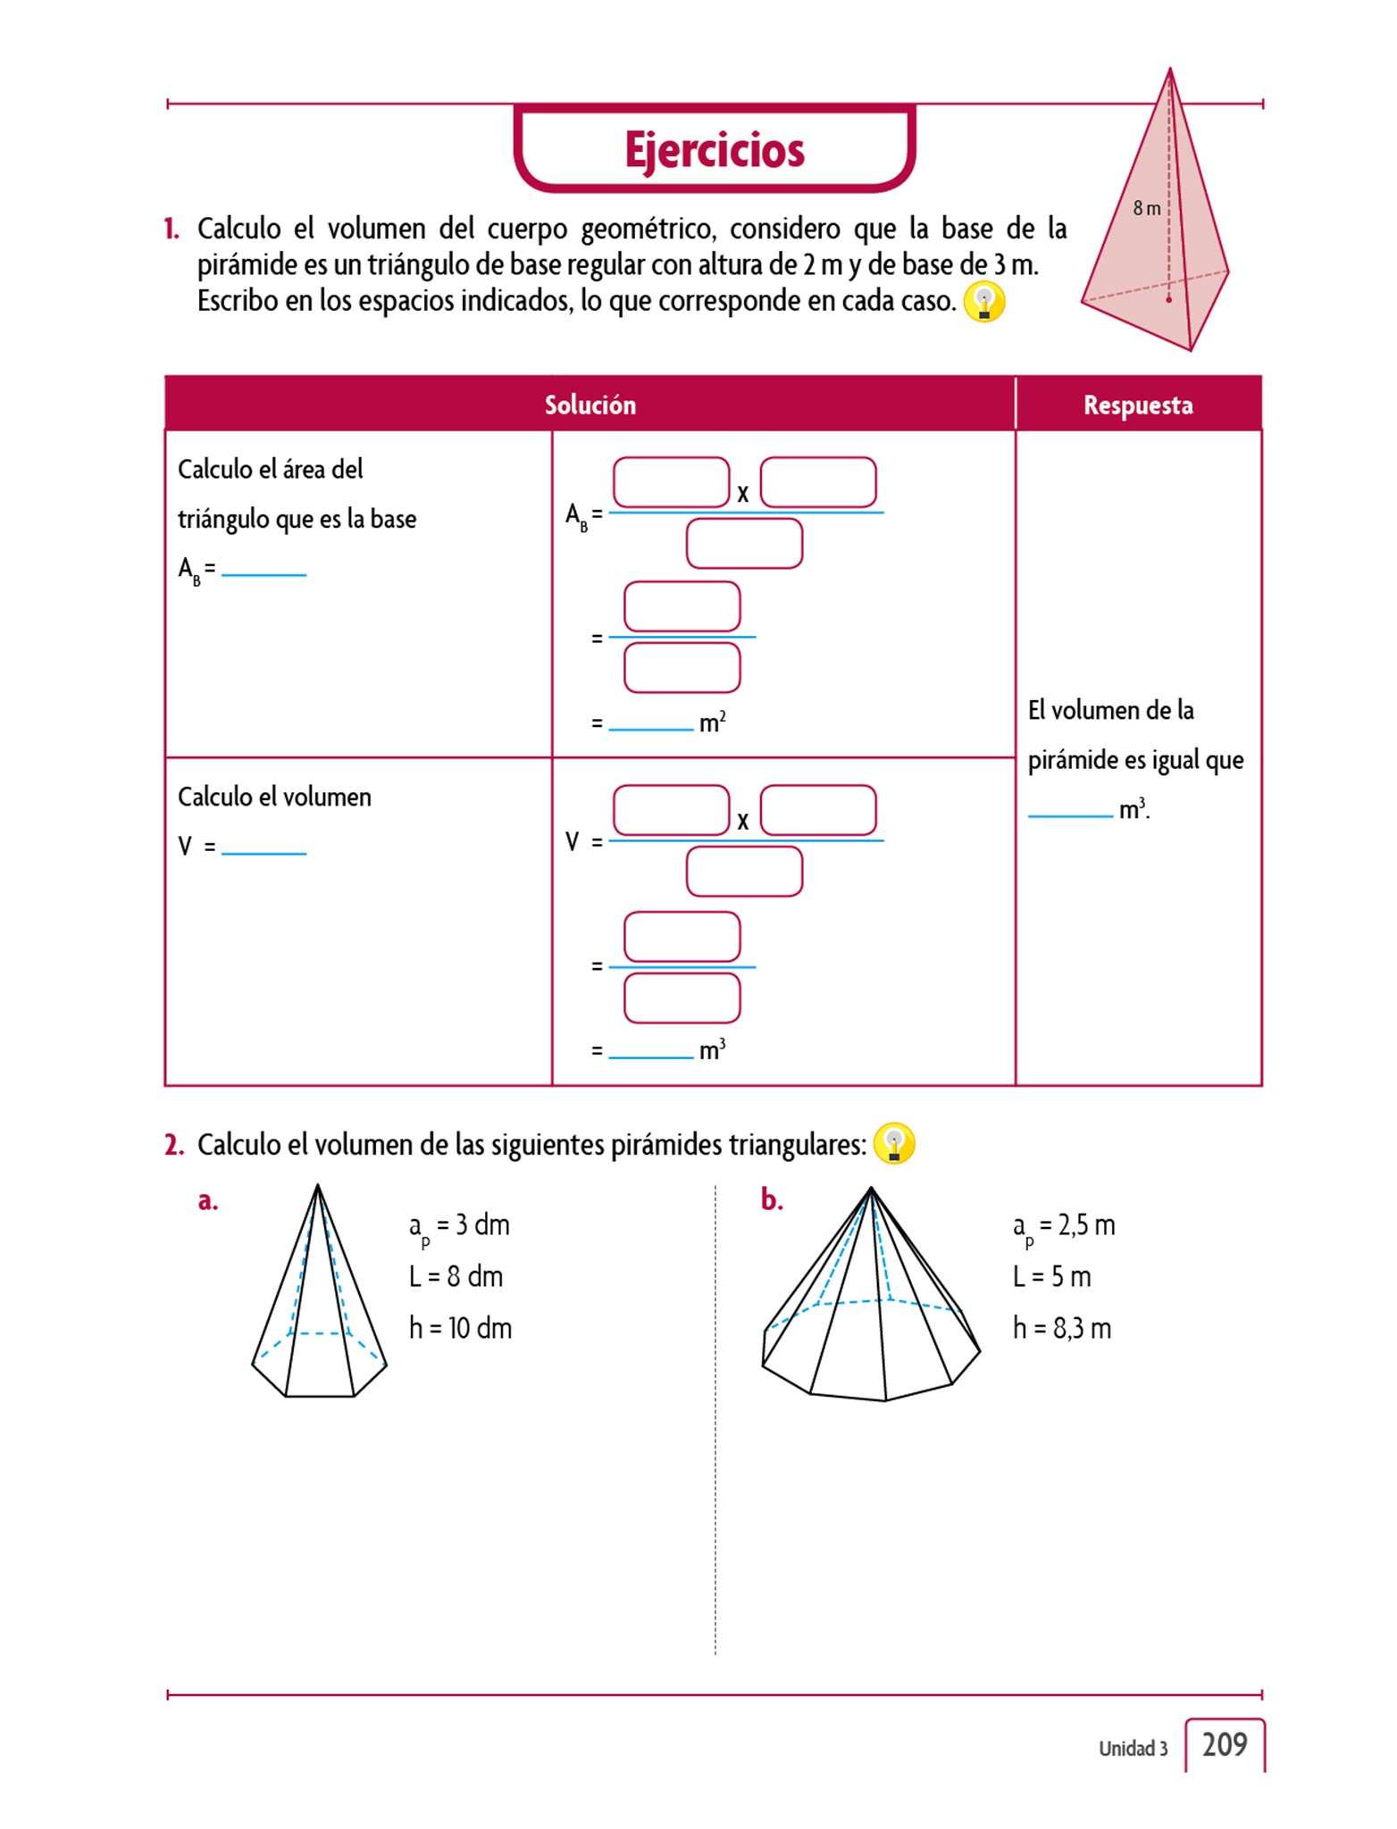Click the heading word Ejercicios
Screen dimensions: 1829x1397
(715, 149)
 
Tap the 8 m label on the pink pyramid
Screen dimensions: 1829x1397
(1146, 208)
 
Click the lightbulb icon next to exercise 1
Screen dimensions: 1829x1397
(984, 303)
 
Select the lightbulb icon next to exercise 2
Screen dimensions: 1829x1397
(893, 1144)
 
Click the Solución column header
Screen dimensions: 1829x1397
(590, 405)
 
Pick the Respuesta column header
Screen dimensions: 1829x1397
(1138, 405)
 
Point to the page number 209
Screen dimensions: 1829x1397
(1224, 1744)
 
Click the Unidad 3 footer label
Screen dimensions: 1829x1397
(1133, 1749)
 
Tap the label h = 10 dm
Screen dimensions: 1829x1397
(460, 1328)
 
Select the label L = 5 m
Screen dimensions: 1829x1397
(1051, 1276)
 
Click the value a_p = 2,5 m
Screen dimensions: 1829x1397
(1063, 1225)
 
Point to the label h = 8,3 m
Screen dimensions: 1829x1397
(1061, 1328)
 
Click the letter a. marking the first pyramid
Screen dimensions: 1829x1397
(208, 1201)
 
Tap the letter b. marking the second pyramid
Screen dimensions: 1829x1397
(772, 1201)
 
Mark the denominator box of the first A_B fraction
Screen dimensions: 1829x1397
(744, 544)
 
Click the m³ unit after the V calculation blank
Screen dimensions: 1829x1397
(712, 1049)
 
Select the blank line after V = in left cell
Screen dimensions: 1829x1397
(264, 848)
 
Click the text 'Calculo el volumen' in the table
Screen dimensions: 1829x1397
(274, 797)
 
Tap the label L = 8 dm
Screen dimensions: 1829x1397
(456, 1276)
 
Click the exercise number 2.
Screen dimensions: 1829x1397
(173, 1145)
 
